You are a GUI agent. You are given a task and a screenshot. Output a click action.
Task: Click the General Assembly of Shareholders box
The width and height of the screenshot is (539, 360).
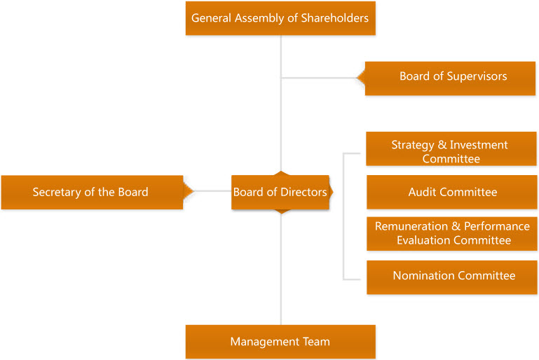coord(280,18)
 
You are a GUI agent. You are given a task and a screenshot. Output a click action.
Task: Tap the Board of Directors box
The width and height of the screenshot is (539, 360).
coord(280,192)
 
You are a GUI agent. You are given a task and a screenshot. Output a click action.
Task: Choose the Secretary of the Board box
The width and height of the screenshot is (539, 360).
coord(91,192)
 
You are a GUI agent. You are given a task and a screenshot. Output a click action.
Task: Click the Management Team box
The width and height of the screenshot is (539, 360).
coord(280,342)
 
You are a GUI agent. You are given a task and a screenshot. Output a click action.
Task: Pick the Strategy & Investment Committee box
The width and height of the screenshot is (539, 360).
coord(451,151)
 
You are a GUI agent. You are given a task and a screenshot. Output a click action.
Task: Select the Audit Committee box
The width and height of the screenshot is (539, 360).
coord(452,192)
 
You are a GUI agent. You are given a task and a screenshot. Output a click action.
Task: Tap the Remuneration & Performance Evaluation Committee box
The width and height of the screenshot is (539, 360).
coord(452,233)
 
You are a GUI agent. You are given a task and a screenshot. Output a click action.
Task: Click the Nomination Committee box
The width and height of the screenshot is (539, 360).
coord(452,276)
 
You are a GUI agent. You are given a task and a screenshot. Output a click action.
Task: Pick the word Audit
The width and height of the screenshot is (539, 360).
coord(423,192)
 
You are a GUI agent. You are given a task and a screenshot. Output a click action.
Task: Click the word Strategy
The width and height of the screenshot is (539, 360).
coord(412,145)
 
